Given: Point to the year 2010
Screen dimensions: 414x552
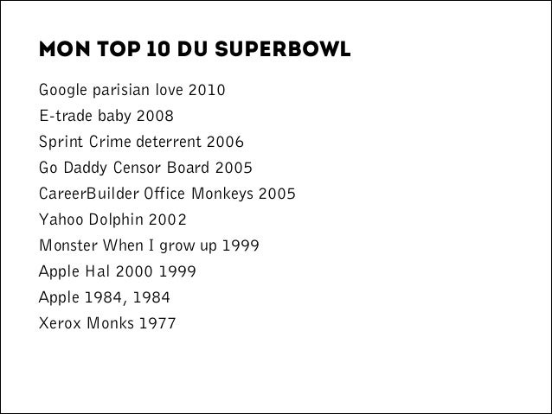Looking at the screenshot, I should (209, 89).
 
